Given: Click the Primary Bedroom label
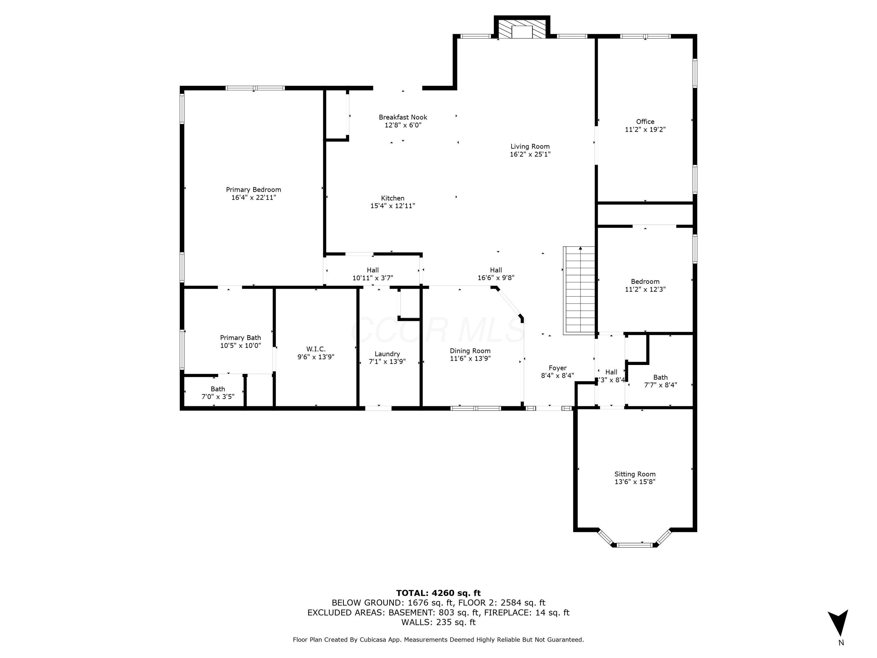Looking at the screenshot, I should (253, 190).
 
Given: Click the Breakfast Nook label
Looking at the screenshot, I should (403, 117).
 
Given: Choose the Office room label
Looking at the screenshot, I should (645, 121).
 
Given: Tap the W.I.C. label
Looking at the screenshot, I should (316, 349).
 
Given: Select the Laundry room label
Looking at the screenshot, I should (387, 354).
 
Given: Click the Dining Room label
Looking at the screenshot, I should (470, 351).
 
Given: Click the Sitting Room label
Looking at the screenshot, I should (635, 474).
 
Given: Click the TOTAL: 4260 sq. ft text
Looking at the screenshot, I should (438, 593).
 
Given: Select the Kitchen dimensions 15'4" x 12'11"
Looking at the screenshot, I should (393, 206).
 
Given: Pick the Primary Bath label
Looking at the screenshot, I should (240, 337).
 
